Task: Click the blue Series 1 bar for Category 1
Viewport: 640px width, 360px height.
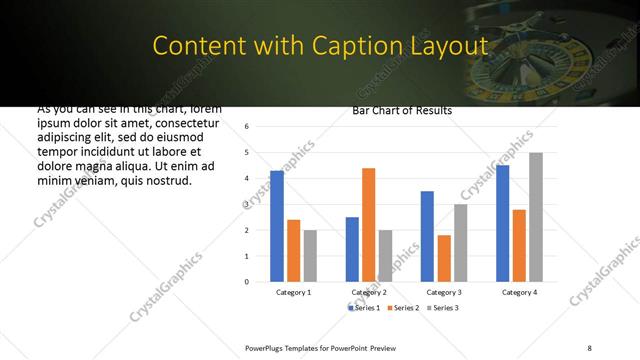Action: tap(277, 226)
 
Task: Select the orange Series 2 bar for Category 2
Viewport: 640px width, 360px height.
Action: tap(368, 225)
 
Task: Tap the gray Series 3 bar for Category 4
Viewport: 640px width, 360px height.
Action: tap(536, 217)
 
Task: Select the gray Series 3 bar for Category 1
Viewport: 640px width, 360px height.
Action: tap(310, 256)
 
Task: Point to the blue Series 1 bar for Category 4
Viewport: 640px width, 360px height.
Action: tap(502, 223)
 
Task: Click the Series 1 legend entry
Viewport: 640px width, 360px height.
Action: tap(366, 307)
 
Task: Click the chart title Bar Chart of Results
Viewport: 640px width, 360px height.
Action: tap(402, 110)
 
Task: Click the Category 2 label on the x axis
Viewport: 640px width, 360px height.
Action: tap(369, 292)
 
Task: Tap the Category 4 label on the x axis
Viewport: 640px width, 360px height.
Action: tap(519, 292)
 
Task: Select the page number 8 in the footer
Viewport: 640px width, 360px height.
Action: tap(589, 346)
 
